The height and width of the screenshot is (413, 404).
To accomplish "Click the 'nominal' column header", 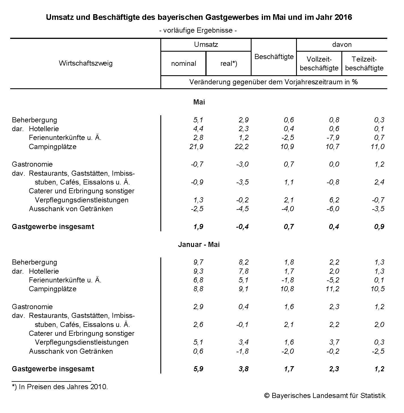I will (x=183, y=64).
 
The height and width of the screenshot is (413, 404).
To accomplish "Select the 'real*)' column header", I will (x=229, y=64).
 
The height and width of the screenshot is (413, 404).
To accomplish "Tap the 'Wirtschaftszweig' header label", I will (x=86, y=63).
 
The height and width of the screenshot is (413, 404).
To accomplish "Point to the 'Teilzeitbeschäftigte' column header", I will (x=364, y=64).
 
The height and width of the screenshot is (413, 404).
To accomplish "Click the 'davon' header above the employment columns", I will (x=342, y=45).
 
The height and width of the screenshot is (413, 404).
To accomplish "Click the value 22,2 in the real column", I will (x=243, y=147).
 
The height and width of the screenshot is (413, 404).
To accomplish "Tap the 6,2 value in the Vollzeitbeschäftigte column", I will (x=334, y=200).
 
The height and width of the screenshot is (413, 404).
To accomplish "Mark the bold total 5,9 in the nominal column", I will (x=198, y=369).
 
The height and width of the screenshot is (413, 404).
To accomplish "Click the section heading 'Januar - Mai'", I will (x=199, y=245).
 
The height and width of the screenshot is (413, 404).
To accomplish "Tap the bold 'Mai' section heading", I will (x=199, y=102).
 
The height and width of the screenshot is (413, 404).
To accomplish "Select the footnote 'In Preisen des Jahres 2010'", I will (x=63, y=387).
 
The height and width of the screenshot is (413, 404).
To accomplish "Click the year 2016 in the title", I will (x=343, y=18).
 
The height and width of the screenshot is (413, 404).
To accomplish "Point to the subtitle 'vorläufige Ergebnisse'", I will (x=198, y=30).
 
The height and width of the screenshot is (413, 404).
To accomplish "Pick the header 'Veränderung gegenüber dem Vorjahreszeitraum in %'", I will (x=273, y=82).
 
